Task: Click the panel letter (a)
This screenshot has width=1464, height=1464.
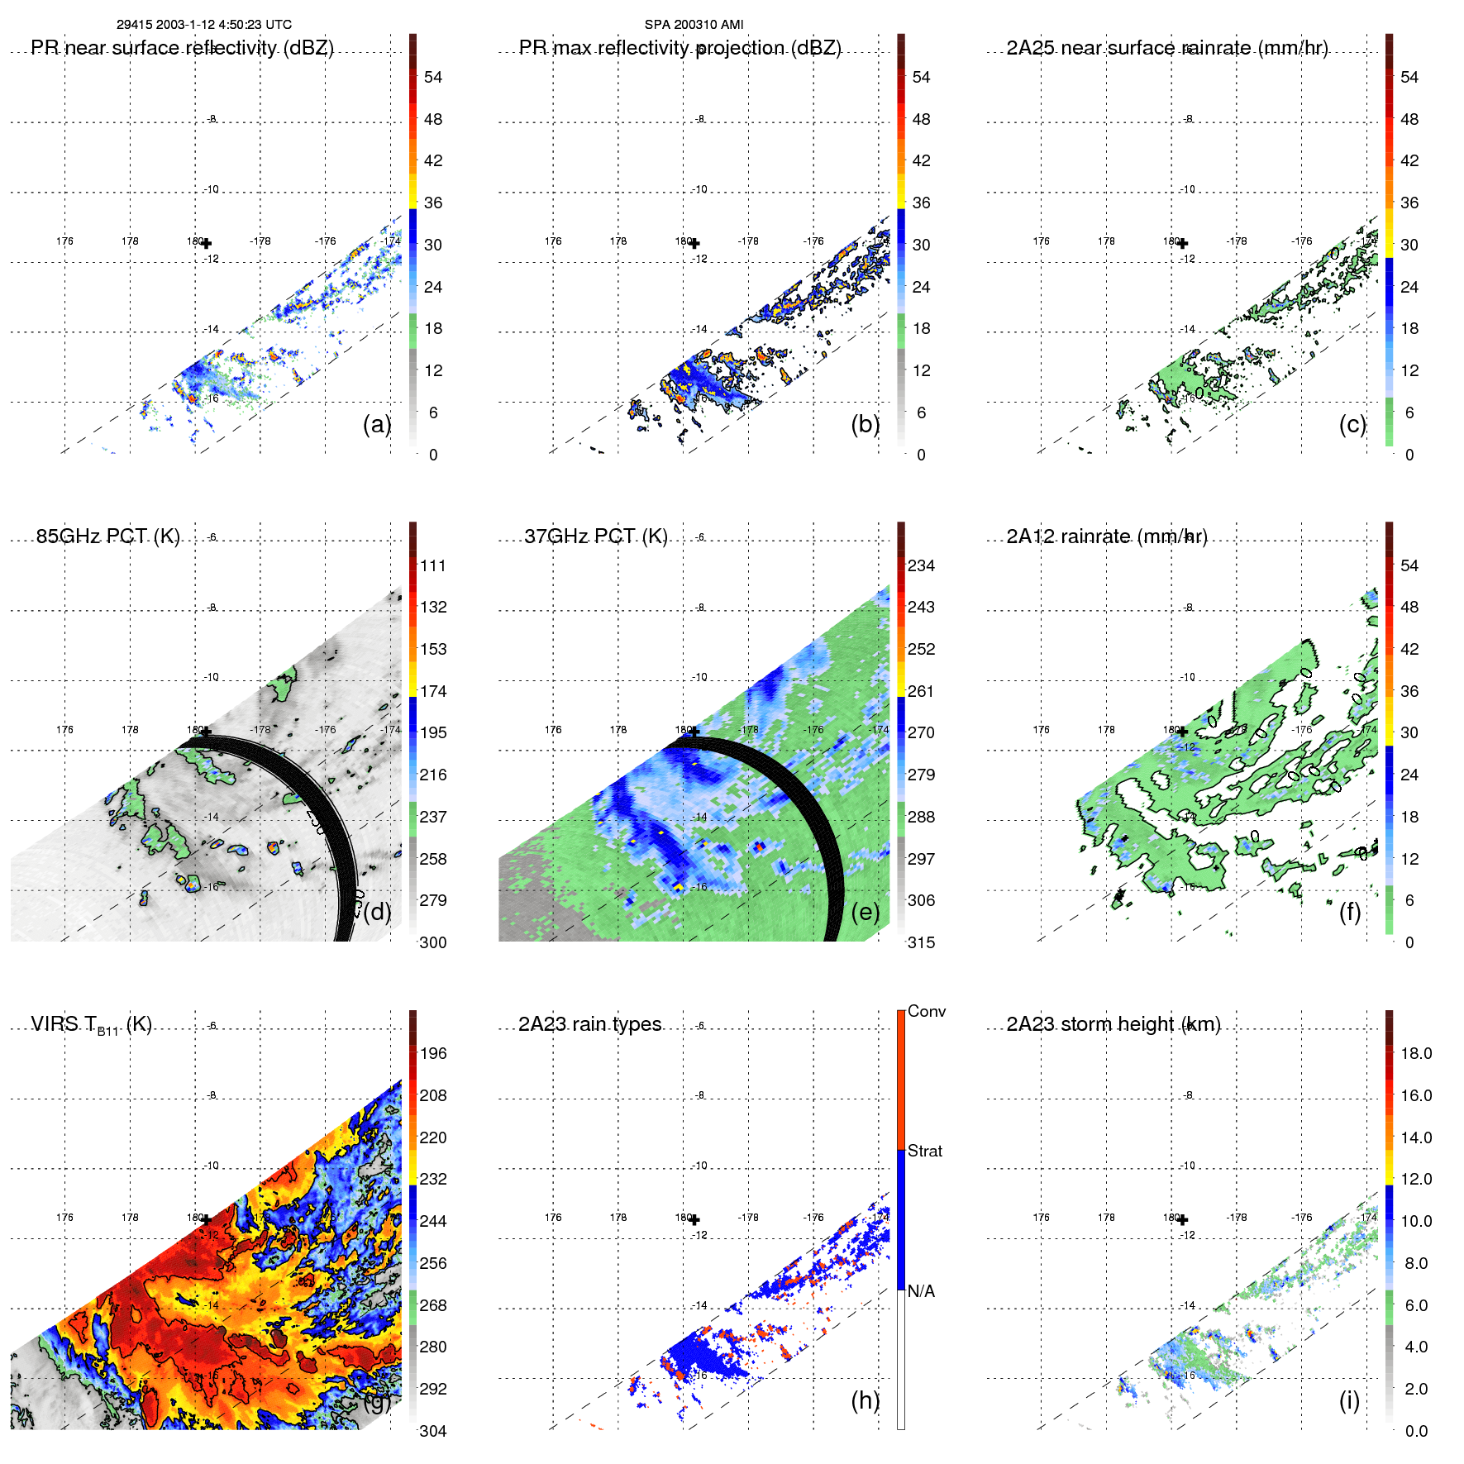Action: (x=376, y=424)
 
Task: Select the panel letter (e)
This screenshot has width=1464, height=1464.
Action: (x=865, y=912)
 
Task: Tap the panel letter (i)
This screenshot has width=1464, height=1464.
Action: (x=1349, y=1400)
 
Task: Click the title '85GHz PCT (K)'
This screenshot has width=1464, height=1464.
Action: (x=107, y=536)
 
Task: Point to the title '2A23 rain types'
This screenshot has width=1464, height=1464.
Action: (x=589, y=1024)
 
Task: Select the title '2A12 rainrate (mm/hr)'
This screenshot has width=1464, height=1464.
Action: (x=1106, y=536)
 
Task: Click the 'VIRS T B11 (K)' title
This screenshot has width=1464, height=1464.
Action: (x=91, y=1025)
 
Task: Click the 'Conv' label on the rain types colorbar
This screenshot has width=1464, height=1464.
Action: (x=926, y=1011)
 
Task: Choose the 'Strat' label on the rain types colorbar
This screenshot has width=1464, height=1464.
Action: (x=924, y=1151)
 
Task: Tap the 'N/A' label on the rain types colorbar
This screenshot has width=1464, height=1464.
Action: (x=921, y=1291)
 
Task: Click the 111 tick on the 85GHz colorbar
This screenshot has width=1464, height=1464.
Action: (x=433, y=565)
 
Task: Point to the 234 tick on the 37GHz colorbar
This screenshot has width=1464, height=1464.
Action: (x=921, y=565)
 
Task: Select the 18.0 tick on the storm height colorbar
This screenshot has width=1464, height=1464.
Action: (x=1415, y=1053)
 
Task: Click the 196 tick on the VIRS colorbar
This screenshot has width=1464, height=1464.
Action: (x=433, y=1053)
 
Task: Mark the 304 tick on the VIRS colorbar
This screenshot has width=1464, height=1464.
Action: (x=433, y=1431)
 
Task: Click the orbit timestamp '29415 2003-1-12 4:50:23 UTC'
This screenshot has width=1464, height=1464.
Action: (x=203, y=25)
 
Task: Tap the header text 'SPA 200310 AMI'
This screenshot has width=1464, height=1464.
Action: (x=694, y=25)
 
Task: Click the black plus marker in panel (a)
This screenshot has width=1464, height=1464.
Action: (x=206, y=243)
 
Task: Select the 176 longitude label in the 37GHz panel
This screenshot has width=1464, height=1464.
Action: (x=553, y=730)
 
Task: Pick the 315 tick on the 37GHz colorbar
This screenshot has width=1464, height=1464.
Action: (x=921, y=942)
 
